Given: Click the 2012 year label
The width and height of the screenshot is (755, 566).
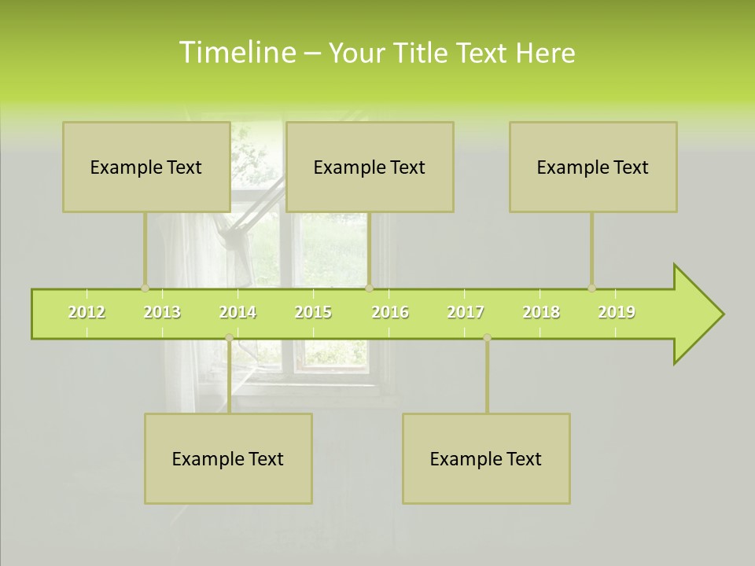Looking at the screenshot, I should pyautogui.click(x=87, y=312).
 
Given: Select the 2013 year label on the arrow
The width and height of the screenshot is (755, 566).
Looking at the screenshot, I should pyautogui.click(x=162, y=312).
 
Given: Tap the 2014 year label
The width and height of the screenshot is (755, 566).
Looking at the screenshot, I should pyautogui.click(x=238, y=312).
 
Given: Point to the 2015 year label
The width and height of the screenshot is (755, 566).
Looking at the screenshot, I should pyautogui.click(x=313, y=312).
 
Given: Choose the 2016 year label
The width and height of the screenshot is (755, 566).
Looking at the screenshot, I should pyautogui.click(x=390, y=312).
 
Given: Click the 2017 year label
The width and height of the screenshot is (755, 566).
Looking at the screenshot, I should pyautogui.click(x=466, y=312).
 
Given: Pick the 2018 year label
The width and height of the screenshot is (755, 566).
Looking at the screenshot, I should pyautogui.click(x=541, y=312).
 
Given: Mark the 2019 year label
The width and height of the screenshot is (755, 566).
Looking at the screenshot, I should pyautogui.click(x=617, y=312).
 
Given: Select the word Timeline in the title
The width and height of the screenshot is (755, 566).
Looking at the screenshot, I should pyautogui.click(x=237, y=53).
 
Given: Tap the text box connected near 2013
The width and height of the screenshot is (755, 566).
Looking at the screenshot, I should pyautogui.click(x=146, y=167).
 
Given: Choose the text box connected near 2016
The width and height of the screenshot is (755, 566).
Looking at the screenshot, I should pyautogui.click(x=370, y=167).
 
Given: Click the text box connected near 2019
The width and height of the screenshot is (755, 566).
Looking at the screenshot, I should pyautogui.click(x=593, y=167).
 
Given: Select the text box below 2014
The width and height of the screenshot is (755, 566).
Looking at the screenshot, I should pyautogui.click(x=228, y=458).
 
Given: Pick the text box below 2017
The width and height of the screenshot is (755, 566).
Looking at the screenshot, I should pyautogui.click(x=486, y=458).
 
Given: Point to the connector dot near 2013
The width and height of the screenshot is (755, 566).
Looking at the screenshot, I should pyautogui.click(x=145, y=288).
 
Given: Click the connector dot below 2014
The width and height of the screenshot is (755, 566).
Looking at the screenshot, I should pyautogui.click(x=229, y=337).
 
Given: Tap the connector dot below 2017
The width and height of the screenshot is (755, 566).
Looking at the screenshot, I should pyautogui.click(x=487, y=337).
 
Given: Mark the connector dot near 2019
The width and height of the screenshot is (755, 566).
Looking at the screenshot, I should pyautogui.click(x=591, y=288).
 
